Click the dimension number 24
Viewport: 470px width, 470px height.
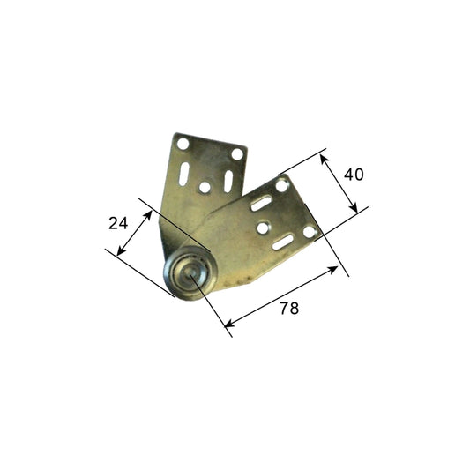(x=118, y=223)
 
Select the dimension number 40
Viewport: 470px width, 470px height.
(x=354, y=175)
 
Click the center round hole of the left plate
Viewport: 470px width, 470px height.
(x=205, y=188)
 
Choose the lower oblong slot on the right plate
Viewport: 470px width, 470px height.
(x=283, y=241)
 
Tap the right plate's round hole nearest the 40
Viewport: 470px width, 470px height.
(x=281, y=186)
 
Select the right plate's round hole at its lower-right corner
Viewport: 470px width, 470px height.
(x=310, y=233)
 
